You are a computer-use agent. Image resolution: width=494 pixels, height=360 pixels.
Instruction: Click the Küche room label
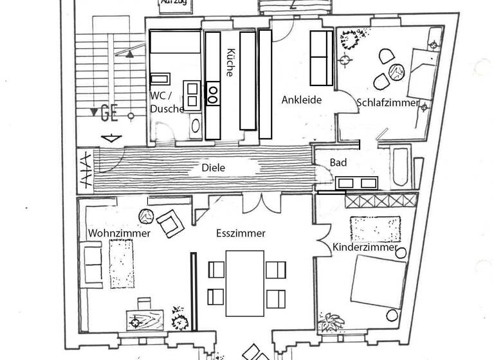231,63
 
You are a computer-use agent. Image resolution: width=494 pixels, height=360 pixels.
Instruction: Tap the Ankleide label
301,100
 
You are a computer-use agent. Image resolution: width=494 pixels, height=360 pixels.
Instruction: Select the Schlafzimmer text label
388,103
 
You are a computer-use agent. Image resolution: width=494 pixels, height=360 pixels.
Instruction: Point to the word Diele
213,168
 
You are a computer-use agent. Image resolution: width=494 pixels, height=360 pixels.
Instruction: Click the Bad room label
338,163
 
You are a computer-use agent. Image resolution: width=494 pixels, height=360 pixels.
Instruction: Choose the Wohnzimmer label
120,233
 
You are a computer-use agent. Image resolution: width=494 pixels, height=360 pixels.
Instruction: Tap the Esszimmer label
241,234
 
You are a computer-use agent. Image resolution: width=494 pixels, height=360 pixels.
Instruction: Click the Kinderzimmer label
365,248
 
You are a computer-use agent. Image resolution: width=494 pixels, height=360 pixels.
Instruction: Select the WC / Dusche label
167,102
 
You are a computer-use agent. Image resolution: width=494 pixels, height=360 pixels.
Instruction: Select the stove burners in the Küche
213,94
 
